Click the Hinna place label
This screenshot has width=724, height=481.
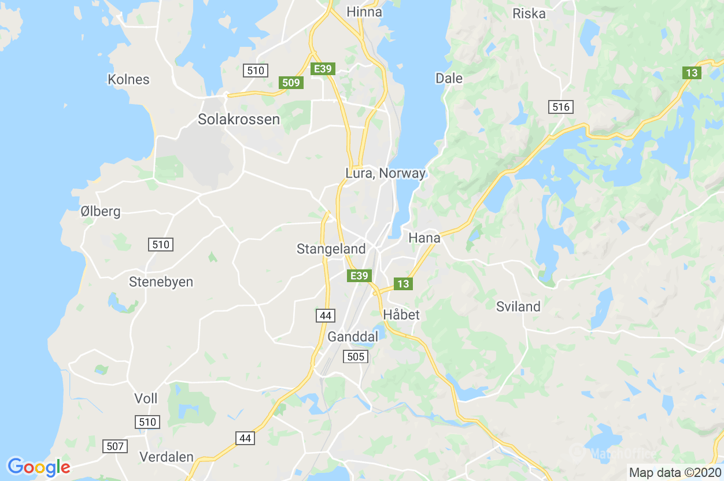(364, 12)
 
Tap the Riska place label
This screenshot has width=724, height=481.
(529, 13)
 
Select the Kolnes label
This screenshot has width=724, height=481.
(128, 80)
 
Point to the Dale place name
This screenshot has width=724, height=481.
(449, 78)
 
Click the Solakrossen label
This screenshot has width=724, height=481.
(239, 120)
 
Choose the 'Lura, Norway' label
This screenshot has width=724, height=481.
(385, 173)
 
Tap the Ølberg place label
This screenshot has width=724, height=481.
(101, 212)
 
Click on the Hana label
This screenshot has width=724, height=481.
(424, 238)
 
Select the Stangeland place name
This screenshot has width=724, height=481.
(331, 249)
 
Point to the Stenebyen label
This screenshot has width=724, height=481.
(161, 282)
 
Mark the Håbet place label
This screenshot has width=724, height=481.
(401, 315)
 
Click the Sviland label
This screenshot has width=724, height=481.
(518, 307)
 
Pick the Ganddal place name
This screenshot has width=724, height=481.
(353, 336)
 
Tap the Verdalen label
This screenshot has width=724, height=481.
(167, 457)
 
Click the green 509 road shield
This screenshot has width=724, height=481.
(291, 83)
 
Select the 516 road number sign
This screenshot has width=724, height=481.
(561, 106)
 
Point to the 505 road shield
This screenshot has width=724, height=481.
(355, 357)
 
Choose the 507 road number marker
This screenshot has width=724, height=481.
(115, 446)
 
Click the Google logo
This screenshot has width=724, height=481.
(39, 467)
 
